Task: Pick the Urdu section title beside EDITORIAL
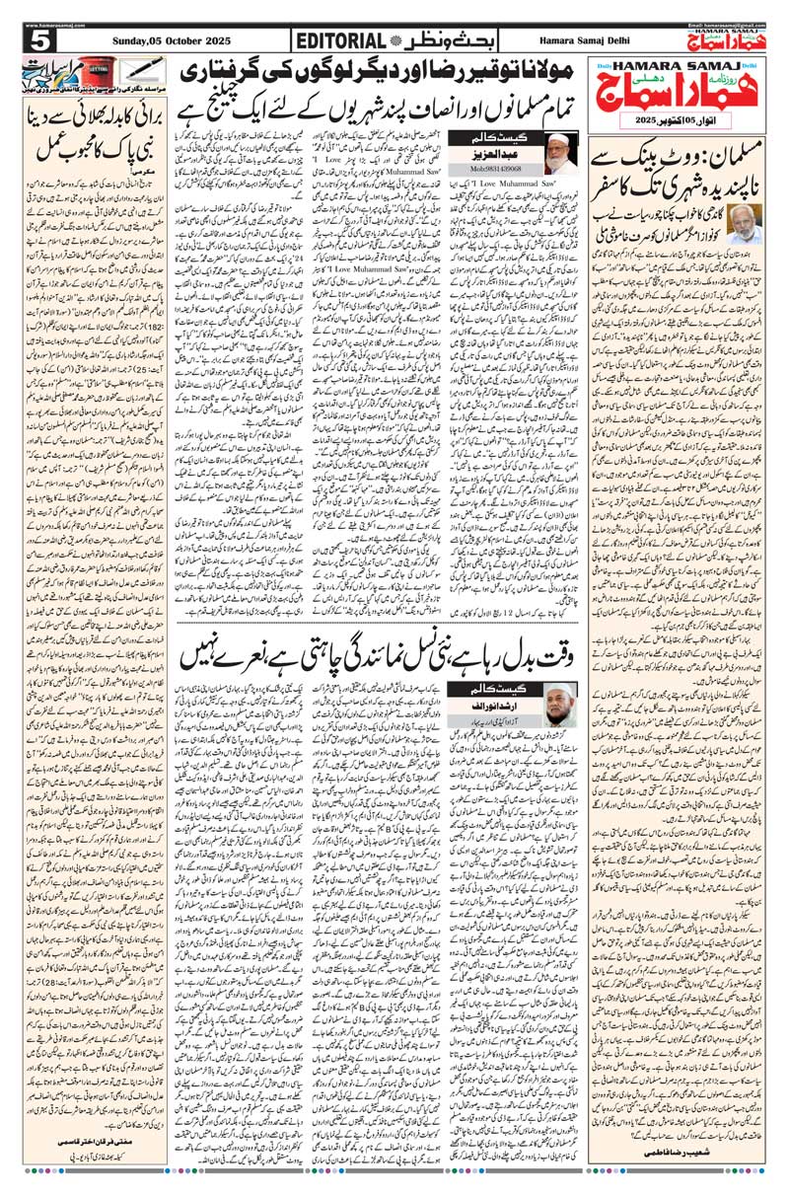(x=434, y=40)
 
